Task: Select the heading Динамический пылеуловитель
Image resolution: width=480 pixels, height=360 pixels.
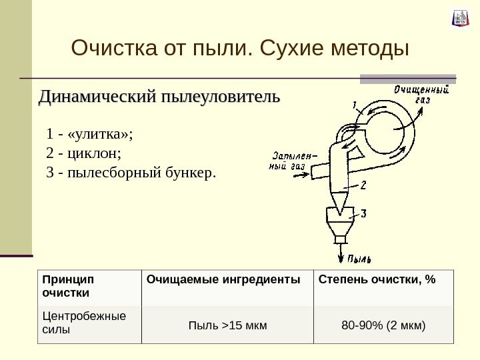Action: (x=159, y=97)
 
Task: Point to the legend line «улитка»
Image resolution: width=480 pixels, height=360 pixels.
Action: (x=91, y=133)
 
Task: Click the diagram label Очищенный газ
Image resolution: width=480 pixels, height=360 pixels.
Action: (x=420, y=93)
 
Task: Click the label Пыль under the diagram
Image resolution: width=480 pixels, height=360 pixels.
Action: (x=359, y=259)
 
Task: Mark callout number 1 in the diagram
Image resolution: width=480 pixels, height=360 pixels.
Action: (x=355, y=104)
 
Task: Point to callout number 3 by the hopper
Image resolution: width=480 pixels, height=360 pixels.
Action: (x=363, y=213)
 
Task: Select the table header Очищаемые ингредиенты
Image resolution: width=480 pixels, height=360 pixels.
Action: (x=223, y=278)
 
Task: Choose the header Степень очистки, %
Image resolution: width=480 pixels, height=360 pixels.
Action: (x=377, y=278)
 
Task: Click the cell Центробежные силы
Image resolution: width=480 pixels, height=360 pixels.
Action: (x=83, y=323)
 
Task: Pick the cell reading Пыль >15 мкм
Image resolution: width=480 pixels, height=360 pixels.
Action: (x=228, y=326)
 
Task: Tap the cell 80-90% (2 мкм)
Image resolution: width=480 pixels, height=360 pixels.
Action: (x=383, y=326)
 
